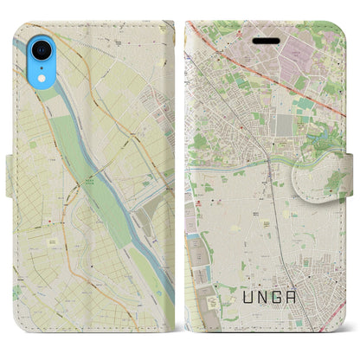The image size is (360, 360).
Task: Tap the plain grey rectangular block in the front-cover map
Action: point(283,126)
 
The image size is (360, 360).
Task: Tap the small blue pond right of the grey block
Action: point(304,130)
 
